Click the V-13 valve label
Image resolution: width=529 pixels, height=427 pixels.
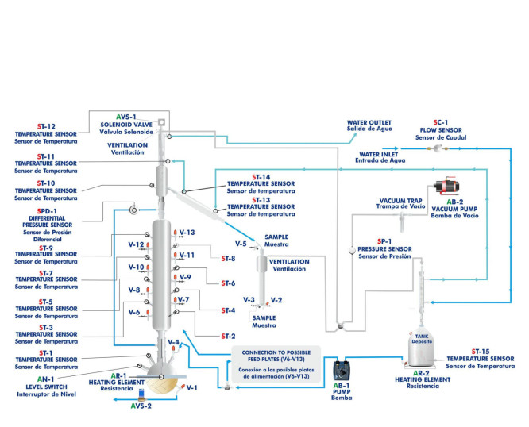(187, 232)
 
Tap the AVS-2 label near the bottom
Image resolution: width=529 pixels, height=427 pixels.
(141, 406)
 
